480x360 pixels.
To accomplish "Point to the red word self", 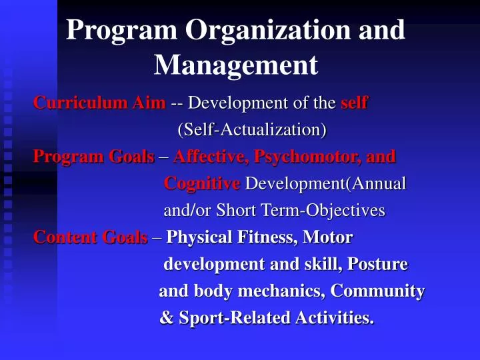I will [354, 103].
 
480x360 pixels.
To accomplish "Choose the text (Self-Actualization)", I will [252, 129].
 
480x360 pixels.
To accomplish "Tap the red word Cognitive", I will [202, 183].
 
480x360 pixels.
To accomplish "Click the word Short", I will [240, 211].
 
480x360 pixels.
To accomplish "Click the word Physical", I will [199, 237].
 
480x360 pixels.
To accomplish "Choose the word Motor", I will [327, 237].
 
